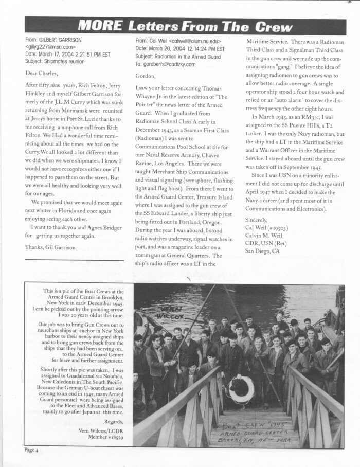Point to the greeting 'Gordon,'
(146, 76)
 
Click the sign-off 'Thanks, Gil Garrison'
(50, 247)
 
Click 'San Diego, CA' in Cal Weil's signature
(262, 250)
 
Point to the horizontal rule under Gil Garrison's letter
(75, 260)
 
